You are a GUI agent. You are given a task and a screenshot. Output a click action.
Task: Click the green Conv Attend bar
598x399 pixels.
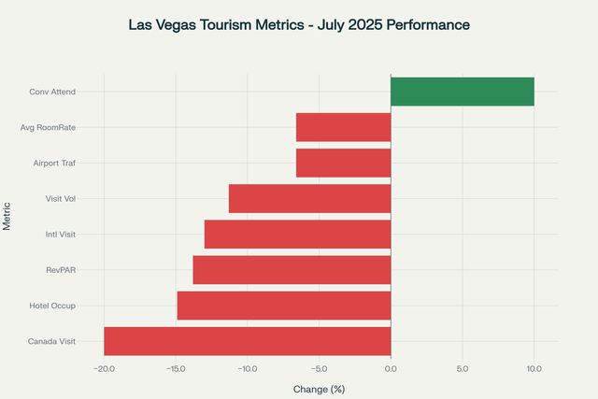[462, 92]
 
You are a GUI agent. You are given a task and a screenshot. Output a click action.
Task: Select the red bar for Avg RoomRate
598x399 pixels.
[343, 127]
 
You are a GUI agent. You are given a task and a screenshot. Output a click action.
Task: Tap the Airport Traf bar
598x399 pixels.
[343, 163]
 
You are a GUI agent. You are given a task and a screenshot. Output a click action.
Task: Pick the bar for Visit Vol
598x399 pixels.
[309, 198]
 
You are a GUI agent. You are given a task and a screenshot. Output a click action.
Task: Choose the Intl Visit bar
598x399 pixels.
[297, 234]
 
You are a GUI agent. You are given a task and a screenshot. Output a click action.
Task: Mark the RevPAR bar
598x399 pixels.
[292, 269]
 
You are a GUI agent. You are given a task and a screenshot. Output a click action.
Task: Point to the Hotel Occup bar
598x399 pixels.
[283, 305]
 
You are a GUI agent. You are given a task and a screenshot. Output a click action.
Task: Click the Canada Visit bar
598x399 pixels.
[247, 340]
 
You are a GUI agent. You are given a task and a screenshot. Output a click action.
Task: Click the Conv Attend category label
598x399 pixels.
[52, 92]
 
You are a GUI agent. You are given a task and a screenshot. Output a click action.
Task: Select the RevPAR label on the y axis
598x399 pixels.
[61, 269]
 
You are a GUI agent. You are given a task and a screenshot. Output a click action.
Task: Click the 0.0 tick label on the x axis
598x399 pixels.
[391, 368]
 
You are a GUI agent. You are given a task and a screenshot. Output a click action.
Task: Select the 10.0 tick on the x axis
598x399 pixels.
[534, 368]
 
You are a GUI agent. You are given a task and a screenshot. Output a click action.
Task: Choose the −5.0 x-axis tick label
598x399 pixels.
[318, 368]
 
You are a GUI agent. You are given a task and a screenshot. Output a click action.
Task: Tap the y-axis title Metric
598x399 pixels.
[7, 216]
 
